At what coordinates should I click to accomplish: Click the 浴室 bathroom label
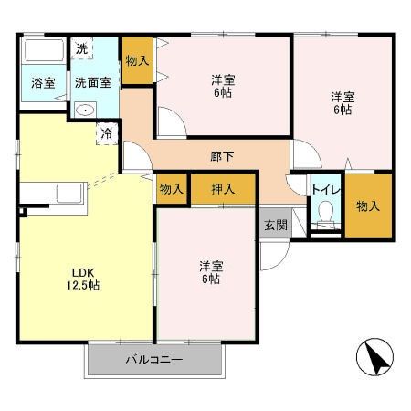43,82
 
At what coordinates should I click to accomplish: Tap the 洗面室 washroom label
93,82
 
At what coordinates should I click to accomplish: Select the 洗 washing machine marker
82,48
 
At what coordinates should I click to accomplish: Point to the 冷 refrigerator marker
108,132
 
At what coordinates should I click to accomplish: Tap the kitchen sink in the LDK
68,195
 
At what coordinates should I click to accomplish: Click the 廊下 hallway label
222,156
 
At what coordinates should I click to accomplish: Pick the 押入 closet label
222,189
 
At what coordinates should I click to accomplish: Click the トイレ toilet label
324,189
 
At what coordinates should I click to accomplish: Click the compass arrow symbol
375,356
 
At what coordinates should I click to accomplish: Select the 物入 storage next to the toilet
367,206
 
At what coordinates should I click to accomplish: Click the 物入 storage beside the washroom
137,61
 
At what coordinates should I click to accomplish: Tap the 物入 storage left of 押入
171,189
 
